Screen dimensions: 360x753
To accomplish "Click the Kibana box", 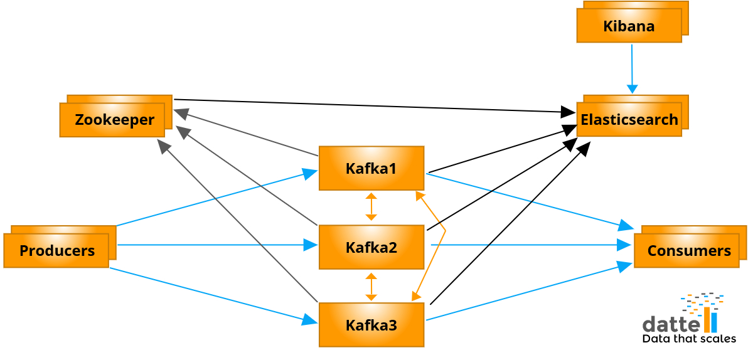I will pyautogui.click(x=629, y=26).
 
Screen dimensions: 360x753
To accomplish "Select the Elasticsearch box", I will pyautogui.click(x=629, y=119).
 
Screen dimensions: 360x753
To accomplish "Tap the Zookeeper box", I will pyautogui.click(x=112, y=119).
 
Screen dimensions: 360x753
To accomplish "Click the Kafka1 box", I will pyautogui.click(x=371, y=168).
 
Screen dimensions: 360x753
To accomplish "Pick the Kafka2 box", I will pyautogui.click(x=371, y=247).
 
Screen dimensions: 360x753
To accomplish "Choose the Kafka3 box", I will pyautogui.click(x=371, y=325).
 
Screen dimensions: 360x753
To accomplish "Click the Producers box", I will pyautogui.click(x=56, y=250).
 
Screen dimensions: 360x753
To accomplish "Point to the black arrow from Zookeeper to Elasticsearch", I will pyautogui.click(x=376, y=106).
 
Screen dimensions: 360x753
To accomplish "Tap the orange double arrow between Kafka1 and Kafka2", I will pyautogui.click(x=371, y=207).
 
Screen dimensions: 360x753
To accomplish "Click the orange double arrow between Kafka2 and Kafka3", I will pyautogui.click(x=371, y=287).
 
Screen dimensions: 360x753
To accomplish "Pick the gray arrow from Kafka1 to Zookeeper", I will pyautogui.click(x=245, y=132).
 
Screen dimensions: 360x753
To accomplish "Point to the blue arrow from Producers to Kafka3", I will pyautogui.click(x=213, y=295).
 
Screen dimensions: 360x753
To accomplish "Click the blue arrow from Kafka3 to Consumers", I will pyautogui.click(x=527, y=293).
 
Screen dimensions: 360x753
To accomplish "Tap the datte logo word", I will pyautogui.click(x=671, y=324).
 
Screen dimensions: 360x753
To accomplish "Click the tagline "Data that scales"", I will pyautogui.click(x=689, y=339).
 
